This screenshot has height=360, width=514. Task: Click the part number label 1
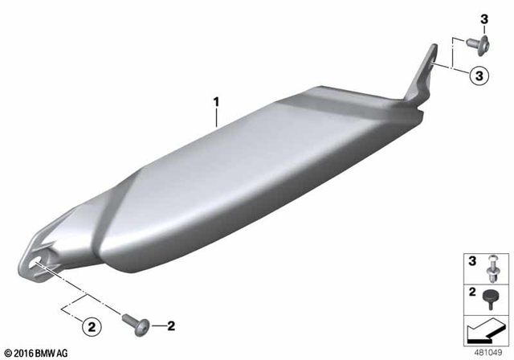point(216,102)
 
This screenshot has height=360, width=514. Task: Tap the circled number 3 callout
point(477,76)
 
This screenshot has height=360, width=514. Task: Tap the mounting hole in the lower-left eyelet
point(37,261)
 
